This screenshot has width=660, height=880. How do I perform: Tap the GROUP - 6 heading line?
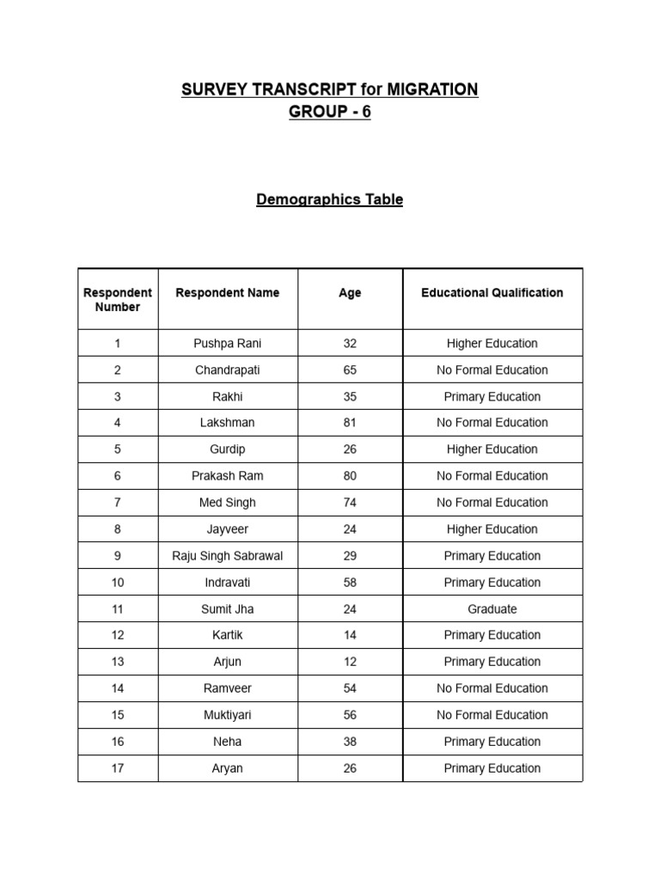[329, 113]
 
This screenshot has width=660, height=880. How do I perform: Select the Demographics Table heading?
[329, 199]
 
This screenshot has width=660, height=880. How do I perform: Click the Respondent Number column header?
[118, 299]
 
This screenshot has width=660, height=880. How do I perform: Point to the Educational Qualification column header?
[492, 293]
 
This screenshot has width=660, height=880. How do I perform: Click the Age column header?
[350, 293]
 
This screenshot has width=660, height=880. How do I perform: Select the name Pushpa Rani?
[228, 343]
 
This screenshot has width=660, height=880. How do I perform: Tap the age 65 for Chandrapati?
[350, 370]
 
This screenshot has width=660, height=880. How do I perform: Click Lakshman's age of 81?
[350, 423]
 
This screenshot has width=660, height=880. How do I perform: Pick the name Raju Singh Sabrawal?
[228, 556]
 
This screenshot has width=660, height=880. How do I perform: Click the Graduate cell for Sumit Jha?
[492, 609]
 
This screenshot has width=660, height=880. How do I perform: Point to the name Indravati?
[228, 583]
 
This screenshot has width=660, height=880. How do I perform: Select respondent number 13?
[118, 662]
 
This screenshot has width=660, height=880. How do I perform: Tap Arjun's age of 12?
[350, 662]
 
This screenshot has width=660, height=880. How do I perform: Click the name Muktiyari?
[228, 715]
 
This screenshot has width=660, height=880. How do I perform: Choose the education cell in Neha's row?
[492, 742]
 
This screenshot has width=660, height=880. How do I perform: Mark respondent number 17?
[118, 768]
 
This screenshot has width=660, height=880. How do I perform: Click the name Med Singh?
[228, 503]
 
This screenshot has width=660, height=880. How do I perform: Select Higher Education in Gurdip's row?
[492, 449]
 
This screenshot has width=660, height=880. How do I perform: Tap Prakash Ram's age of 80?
[350, 476]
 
